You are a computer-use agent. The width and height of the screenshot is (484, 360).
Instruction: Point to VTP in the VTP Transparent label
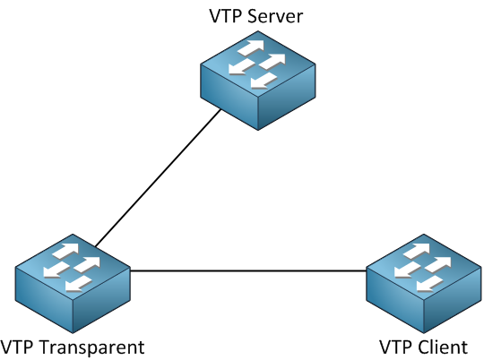20,347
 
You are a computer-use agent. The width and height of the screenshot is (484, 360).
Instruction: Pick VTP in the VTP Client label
395,347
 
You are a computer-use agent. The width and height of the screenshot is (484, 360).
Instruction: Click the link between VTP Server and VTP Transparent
158,179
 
